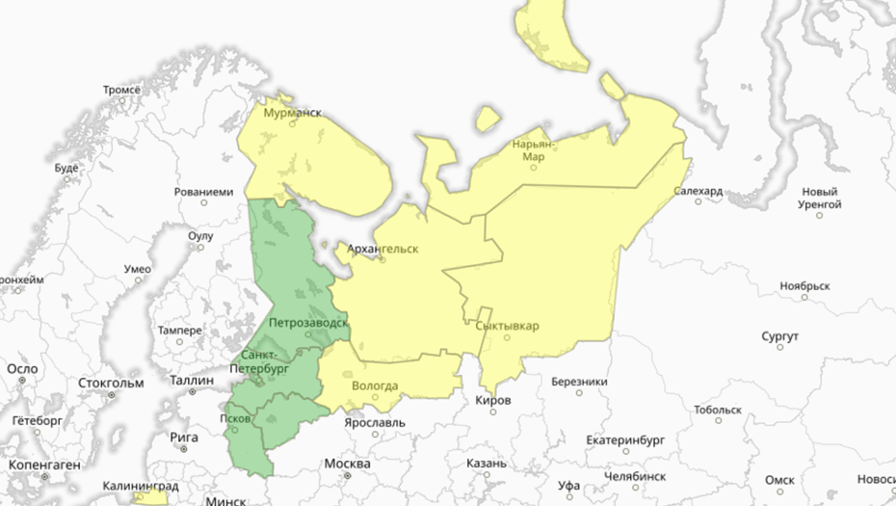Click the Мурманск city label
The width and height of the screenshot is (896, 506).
tap(293, 113)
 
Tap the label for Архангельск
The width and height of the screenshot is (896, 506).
tap(382, 249)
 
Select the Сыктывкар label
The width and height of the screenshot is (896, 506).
tap(508, 326)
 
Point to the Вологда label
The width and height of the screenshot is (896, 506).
tap(375, 386)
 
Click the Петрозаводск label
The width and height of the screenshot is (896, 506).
tap(308, 321)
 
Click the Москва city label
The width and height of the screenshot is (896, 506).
tap(347, 464)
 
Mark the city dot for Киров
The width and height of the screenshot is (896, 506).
tap(493, 413)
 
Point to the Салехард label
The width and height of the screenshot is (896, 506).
tap(698, 191)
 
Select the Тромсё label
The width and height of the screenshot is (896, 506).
tap(122, 90)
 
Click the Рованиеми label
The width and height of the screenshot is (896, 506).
tap(203, 191)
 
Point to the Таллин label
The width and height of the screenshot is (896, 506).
tap(191, 380)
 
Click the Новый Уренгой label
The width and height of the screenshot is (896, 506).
tap(819, 198)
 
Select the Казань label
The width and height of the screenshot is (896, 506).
tap(487, 463)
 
